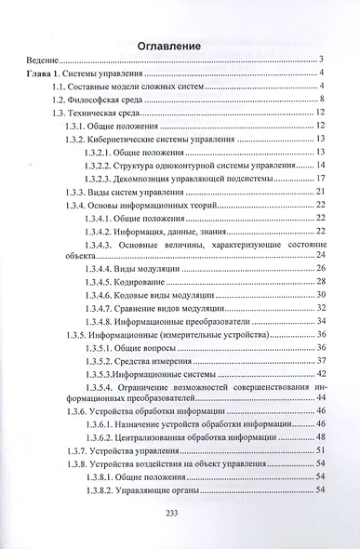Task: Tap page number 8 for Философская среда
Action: (x=320, y=99)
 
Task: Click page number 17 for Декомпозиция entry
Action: (x=318, y=178)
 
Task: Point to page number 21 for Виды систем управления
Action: (x=318, y=191)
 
